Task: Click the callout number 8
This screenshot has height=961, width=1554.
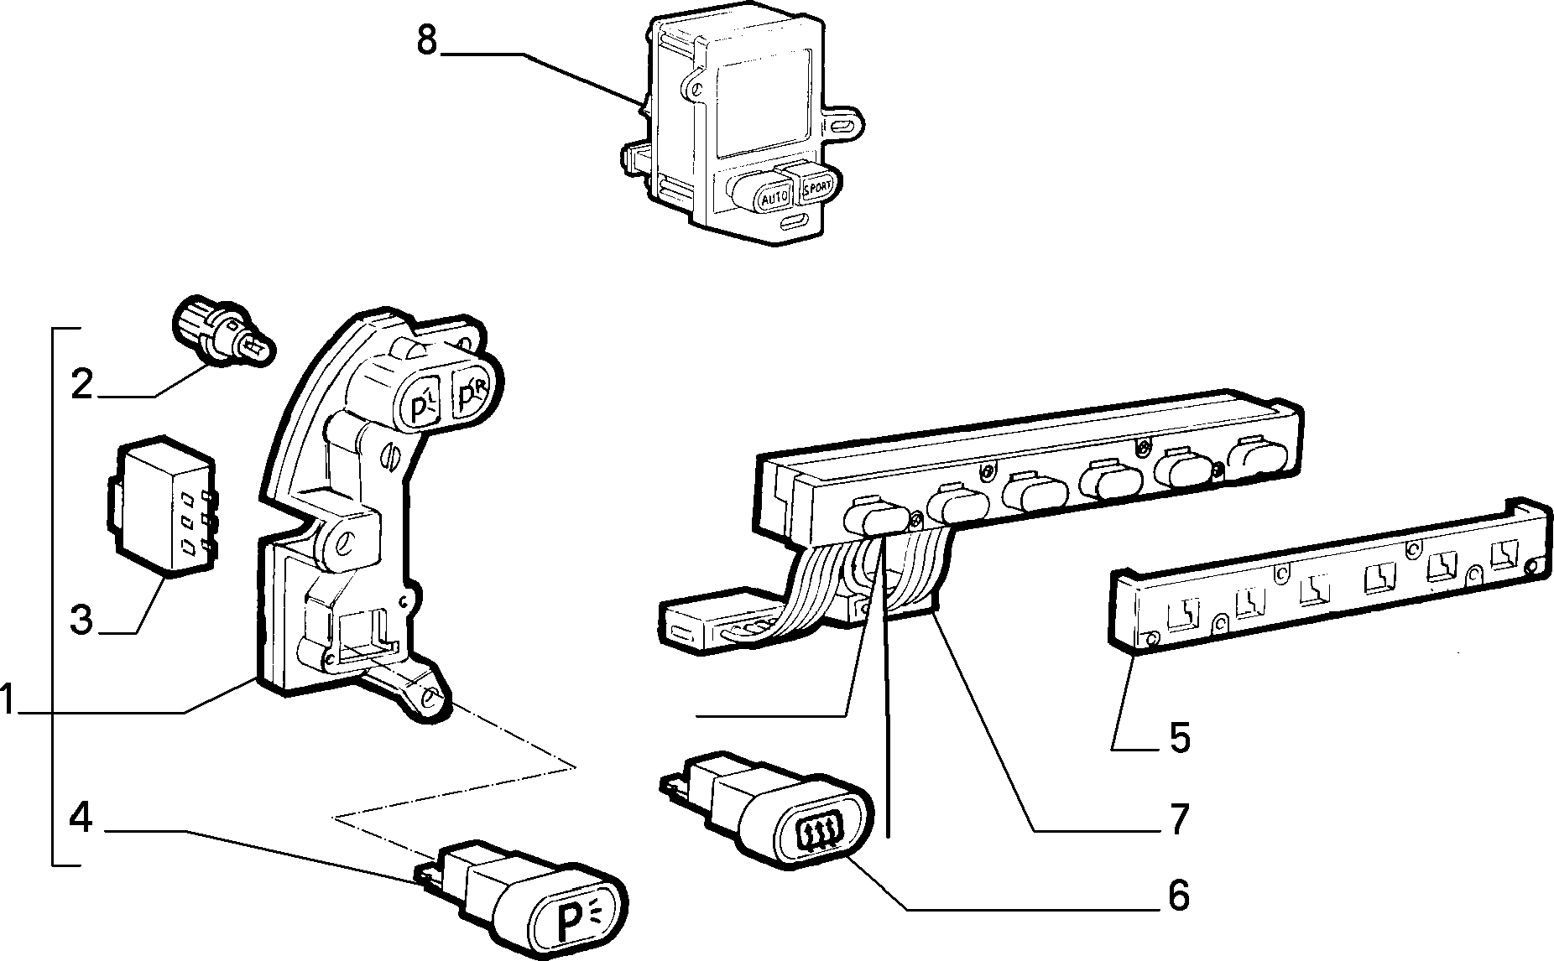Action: (427, 40)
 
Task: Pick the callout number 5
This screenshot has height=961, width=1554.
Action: (1179, 738)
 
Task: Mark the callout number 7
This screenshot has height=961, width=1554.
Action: (1180, 819)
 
